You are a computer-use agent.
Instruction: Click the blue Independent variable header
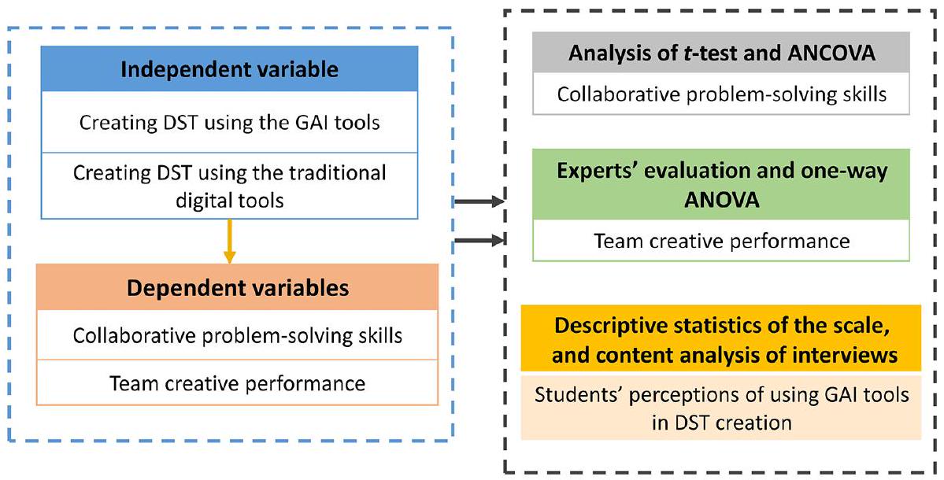[x=229, y=68]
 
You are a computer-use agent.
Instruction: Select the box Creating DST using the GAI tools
[x=229, y=122]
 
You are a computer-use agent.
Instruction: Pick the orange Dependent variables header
[x=237, y=287]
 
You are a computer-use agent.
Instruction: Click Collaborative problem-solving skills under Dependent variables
[x=237, y=335]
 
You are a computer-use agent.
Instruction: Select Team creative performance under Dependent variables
[x=237, y=383]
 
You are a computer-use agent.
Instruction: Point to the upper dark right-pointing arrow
[x=478, y=202]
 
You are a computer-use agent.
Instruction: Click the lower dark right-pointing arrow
[x=478, y=240]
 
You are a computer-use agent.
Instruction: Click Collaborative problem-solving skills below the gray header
[x=721, y=94]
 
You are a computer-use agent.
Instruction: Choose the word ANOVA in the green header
[x=721, y=200]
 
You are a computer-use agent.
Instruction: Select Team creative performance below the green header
[x=721, y=240]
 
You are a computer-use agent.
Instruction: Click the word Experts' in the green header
[x=596, y=171]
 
